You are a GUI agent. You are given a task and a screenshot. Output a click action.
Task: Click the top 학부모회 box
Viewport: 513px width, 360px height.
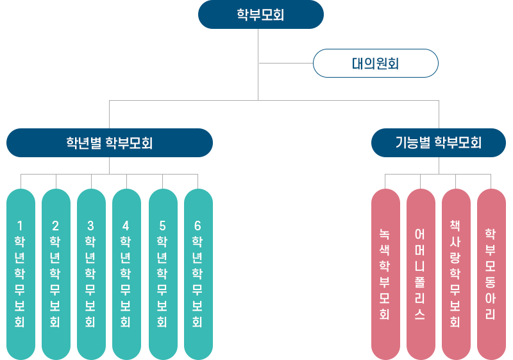coord(260,15)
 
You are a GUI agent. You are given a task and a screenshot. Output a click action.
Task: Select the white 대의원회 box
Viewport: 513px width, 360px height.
coord(375,64)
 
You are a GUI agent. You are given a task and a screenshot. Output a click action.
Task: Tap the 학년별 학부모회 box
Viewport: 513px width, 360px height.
coord(110,142)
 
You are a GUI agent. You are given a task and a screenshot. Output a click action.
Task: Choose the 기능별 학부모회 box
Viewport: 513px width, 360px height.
coord(439,142)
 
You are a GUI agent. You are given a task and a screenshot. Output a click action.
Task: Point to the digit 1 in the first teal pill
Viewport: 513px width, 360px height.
coord(20,225)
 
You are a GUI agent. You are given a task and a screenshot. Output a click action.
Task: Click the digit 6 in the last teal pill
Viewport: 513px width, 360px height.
coord(198,225)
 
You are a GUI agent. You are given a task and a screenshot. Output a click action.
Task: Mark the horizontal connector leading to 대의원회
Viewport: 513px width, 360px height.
coord(285,64)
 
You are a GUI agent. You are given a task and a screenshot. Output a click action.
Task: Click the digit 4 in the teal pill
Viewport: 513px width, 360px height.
coord(126,225)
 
